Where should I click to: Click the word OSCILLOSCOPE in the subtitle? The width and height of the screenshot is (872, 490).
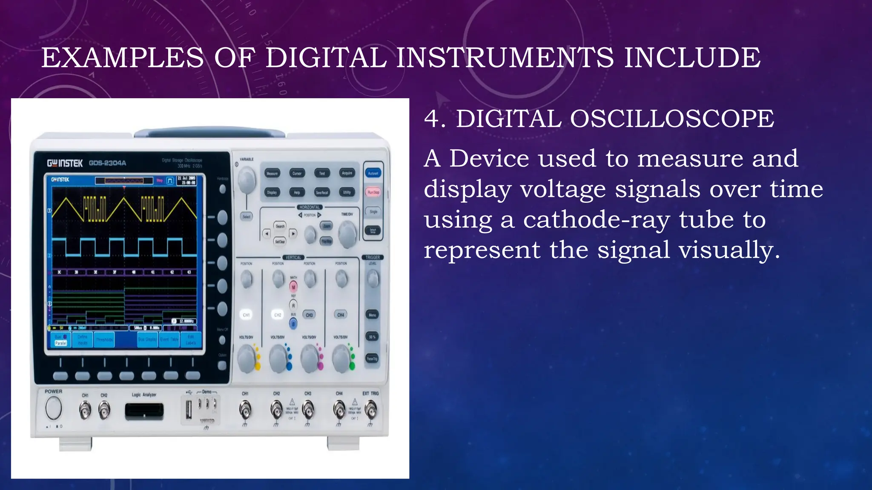pos(672,119)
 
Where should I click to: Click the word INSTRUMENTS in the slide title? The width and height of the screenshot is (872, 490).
pos(505,58)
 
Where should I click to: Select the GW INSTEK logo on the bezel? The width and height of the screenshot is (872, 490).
pos(65,163)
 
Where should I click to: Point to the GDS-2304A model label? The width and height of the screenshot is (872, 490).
pos(107,163)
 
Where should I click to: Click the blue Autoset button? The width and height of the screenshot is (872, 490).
pos(373,173)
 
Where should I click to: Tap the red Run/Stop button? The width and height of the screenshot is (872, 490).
pos(373,192)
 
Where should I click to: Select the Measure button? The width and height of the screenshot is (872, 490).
pos(272,173)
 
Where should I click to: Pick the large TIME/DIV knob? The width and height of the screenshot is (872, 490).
pos(347,234)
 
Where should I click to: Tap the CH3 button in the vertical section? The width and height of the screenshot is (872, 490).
pos(309,315)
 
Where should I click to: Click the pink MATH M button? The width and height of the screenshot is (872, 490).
pos(293,287)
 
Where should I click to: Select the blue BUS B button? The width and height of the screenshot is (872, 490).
pos(293,324)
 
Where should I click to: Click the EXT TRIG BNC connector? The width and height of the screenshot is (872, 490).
pos(371,410)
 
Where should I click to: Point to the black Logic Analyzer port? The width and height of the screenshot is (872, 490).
pos(144,411)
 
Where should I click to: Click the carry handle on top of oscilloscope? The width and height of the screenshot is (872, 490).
pos(210,132)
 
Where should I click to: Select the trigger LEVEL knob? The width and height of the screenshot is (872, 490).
pos(373,279)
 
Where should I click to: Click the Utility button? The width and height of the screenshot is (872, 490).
pos(347,192)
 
